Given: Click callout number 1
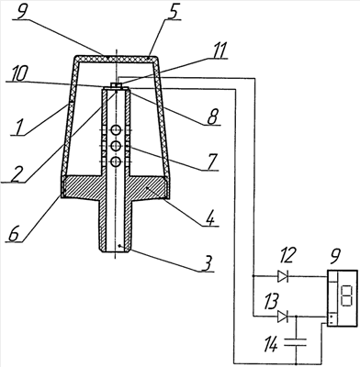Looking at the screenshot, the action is pos(17,128).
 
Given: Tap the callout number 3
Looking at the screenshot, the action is pos(208,263).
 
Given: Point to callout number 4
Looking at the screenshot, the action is pos(209,217).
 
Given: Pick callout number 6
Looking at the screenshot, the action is pos(13,234).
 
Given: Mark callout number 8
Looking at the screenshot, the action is pos(212,117).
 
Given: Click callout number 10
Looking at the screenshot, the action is pos(19,74).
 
